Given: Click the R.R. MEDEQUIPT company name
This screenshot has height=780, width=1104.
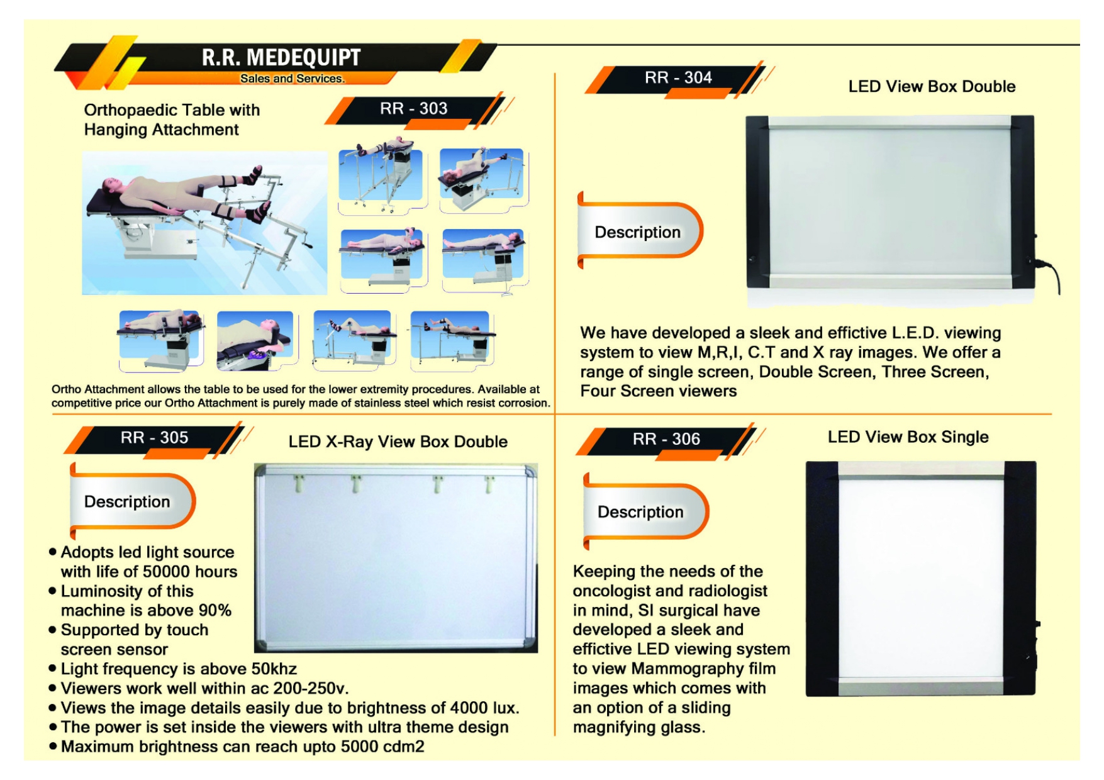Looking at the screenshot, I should point(281,57).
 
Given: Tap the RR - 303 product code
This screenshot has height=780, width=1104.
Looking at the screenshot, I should point(413,109).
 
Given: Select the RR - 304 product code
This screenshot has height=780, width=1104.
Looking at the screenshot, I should point(678,78).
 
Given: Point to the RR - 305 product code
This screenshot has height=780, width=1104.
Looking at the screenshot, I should point(154,438).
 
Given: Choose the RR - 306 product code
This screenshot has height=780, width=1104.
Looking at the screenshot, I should point(666,439).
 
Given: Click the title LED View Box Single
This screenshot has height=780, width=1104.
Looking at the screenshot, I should point(908,437).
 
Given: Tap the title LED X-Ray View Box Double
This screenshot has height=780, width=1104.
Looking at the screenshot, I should point(398,442).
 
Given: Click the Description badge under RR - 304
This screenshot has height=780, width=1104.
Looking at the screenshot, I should point(637,232).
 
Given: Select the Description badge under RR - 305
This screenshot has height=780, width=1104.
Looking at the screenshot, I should point(127,501).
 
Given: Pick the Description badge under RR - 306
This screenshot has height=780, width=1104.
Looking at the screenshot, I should point(640,512).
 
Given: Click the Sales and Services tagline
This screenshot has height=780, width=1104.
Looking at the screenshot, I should point(292,79).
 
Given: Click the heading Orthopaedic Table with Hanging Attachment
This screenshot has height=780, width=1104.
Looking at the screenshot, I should point(172,120).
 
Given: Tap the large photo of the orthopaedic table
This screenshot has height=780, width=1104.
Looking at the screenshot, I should point(204,223).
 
